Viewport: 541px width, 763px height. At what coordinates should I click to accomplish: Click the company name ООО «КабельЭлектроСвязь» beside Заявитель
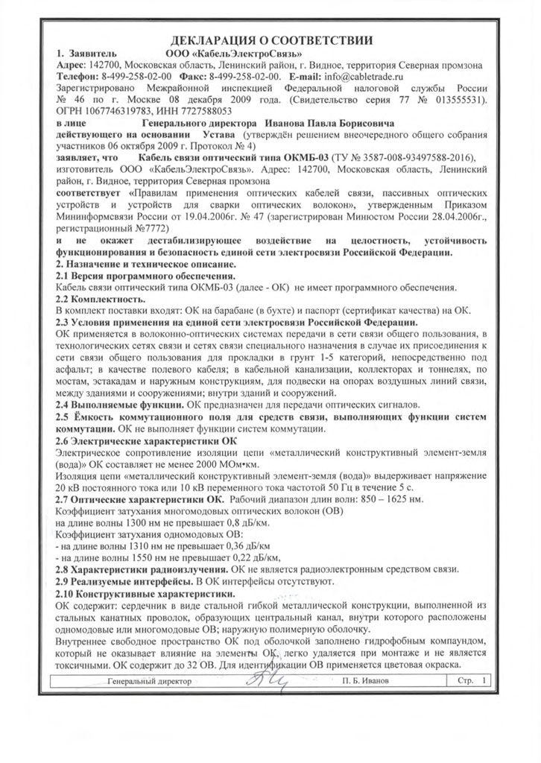(232, 54)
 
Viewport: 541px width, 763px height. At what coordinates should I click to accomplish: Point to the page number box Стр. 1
(467, 681)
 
